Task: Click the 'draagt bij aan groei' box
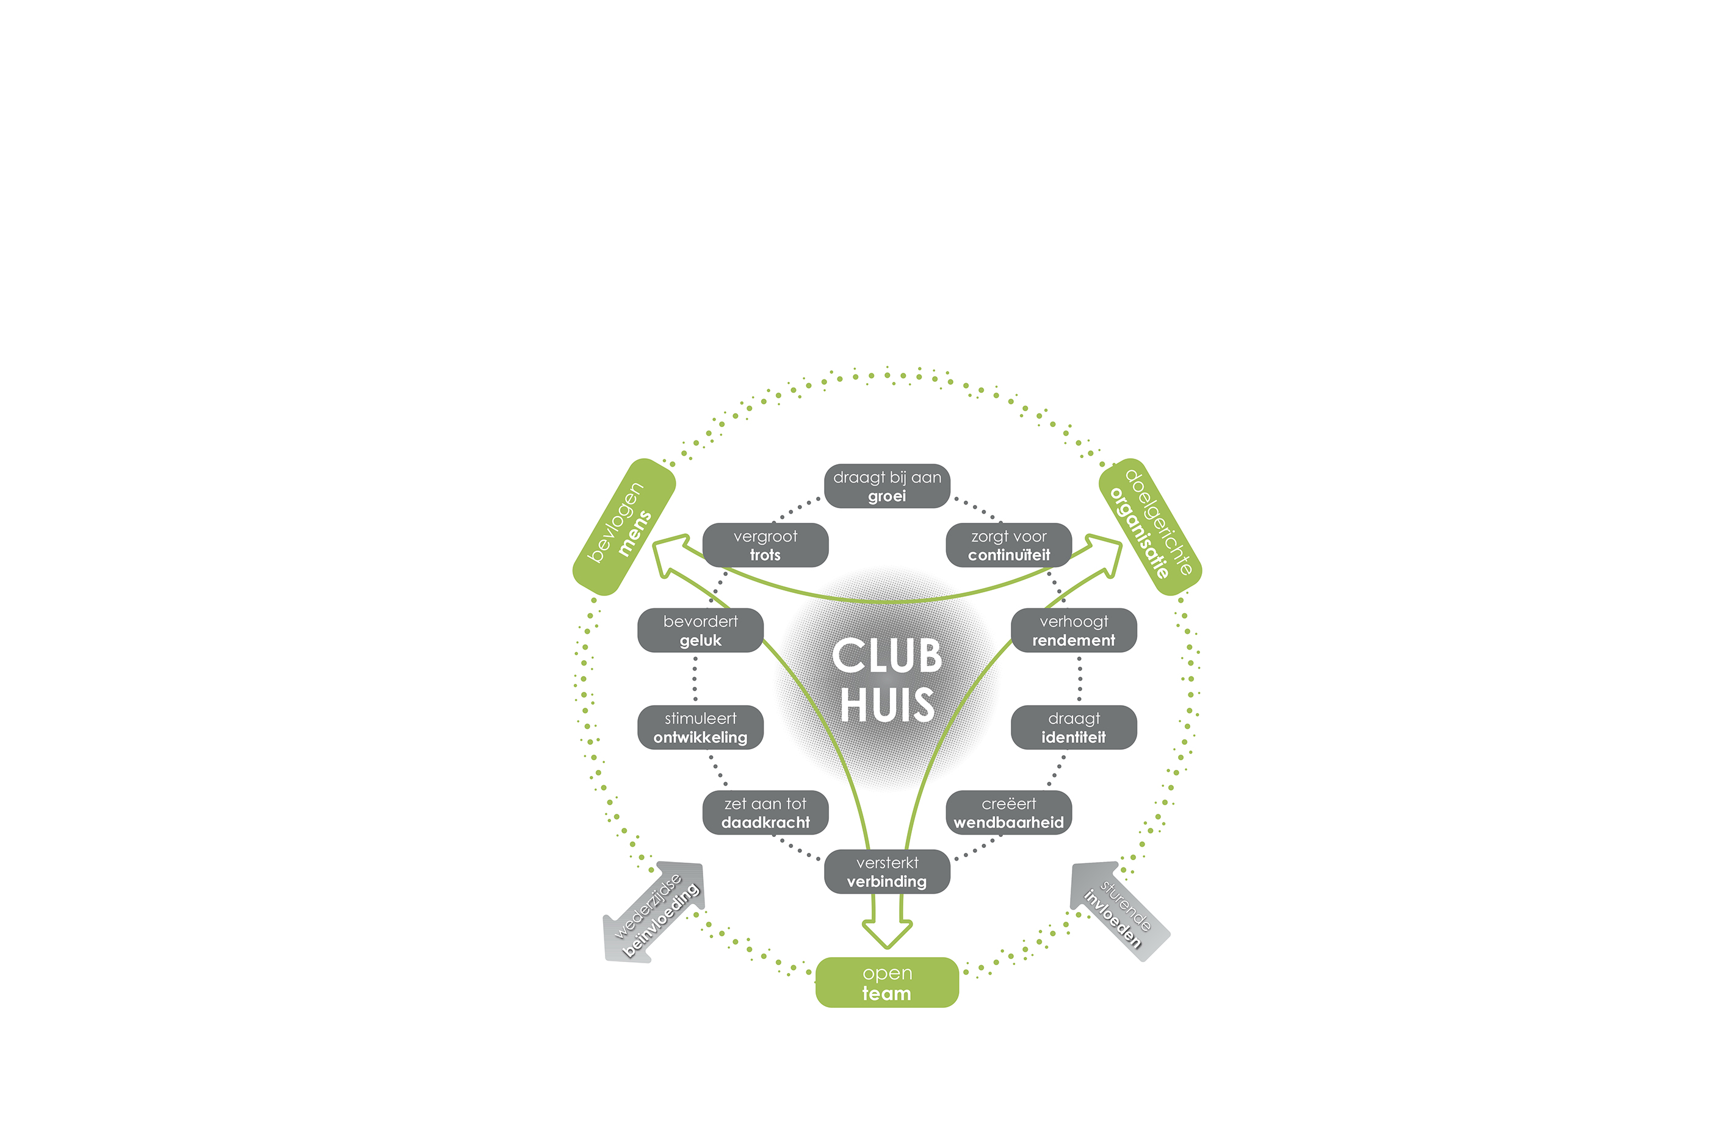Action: pos(887,486)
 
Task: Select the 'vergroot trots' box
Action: pos(765,545)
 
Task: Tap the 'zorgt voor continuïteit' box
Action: pos(1008,545)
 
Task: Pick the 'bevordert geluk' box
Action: pos(700,630)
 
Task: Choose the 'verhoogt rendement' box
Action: pos(1074,630)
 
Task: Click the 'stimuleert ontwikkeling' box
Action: pos(700,727)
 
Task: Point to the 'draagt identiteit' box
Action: pos(1074,727)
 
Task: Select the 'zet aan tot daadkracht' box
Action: pos(765,812)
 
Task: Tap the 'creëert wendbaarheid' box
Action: pos(1008,812)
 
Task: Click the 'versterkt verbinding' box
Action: pos(887,871)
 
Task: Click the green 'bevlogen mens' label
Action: pos(624,526)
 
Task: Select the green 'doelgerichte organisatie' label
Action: pos(1150,526)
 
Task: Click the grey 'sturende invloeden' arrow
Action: pos(1120,912)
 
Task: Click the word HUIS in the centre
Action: pos(887,704)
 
